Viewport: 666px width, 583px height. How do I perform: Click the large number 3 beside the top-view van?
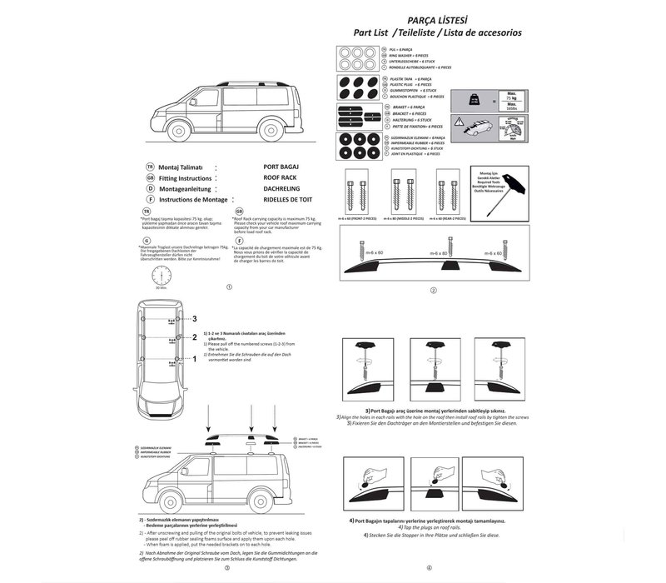pyautogui.click(x=194, y=318)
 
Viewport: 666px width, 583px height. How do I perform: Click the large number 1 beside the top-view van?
pyautogui.click(x=194, y=359)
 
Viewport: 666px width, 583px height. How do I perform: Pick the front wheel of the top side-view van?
pyautogui.click(x=176, y=137)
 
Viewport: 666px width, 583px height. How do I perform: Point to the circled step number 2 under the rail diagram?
pyautogui.click(x=434, y=291)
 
